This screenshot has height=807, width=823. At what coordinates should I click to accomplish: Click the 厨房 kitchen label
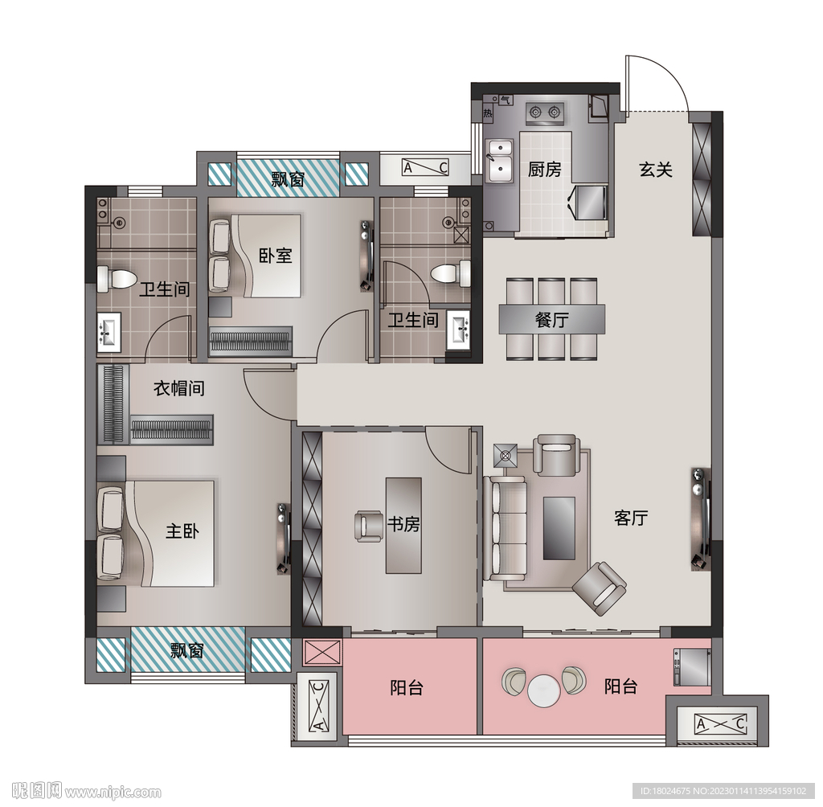pos(544,170)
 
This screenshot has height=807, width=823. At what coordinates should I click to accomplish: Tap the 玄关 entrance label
pos(656,170)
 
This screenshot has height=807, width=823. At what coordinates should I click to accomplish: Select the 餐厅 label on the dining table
pos(551,319)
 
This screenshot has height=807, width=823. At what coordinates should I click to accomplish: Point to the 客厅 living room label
pos(631,518)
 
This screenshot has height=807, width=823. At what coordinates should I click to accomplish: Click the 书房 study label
pos(403,524)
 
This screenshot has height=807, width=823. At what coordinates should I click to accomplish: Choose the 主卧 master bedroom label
pos(182,530)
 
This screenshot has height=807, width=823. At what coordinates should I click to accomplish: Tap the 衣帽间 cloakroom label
pos(178,388)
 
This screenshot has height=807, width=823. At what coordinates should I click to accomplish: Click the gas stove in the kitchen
pos(545,113)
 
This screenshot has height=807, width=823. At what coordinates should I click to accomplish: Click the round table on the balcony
pos(544,690)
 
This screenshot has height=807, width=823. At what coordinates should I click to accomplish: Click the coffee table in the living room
pos(559,528)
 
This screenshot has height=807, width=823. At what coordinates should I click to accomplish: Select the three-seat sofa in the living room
pos(505,527)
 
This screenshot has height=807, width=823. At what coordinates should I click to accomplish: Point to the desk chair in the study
pos(368,526)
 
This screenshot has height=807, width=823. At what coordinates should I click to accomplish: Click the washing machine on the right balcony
pos(692,667)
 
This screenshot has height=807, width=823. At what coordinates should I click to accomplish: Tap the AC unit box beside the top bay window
pos(424,167)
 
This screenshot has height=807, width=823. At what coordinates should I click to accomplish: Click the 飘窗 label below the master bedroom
pos(187,651)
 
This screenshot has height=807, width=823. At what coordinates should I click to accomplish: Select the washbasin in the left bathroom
pos(109,332)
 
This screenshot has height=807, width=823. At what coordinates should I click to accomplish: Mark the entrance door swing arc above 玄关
pos(671,73)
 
